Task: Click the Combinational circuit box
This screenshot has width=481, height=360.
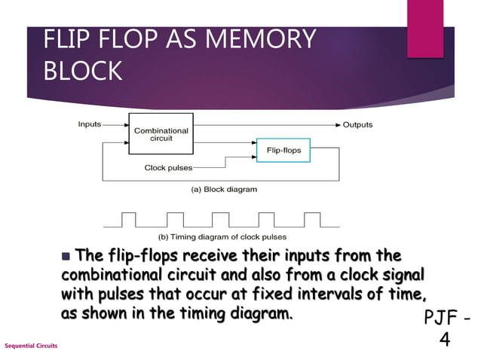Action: [161, 134]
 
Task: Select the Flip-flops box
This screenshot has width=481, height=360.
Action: [283, 151]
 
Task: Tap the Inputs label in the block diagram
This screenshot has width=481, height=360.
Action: [90, 124]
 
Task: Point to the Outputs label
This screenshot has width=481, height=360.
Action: [357, 124]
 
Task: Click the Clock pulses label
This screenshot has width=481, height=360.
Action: [168, 167]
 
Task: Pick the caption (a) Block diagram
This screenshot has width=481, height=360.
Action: [223, 189]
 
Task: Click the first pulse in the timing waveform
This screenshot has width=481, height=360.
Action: [128, 218]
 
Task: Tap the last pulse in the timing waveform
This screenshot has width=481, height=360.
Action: [312, 218]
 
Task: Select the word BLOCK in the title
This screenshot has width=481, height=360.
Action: [84, 71]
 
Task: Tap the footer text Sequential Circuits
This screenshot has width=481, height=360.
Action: [31, 345]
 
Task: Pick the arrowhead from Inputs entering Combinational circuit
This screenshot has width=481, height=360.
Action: [124, 124]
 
